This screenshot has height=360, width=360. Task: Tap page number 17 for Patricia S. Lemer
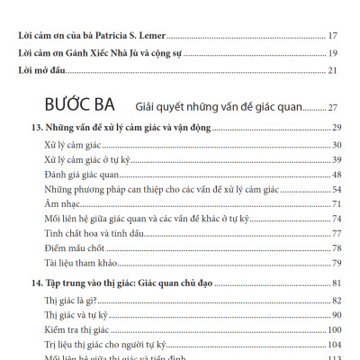(x=332, y=36)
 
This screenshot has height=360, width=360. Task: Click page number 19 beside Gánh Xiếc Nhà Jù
(x=332, y=53)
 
